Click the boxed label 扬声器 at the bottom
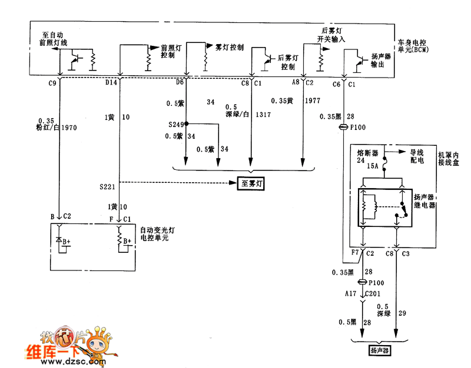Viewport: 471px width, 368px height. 380,351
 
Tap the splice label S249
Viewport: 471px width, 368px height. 175,125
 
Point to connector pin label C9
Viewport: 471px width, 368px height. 52,83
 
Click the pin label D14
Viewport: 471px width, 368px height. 111,83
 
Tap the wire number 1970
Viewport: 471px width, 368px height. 69,127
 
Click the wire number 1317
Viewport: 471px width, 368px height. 263,115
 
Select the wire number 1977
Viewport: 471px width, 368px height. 313,101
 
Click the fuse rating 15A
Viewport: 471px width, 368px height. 372,166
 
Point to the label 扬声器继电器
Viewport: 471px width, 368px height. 424,201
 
